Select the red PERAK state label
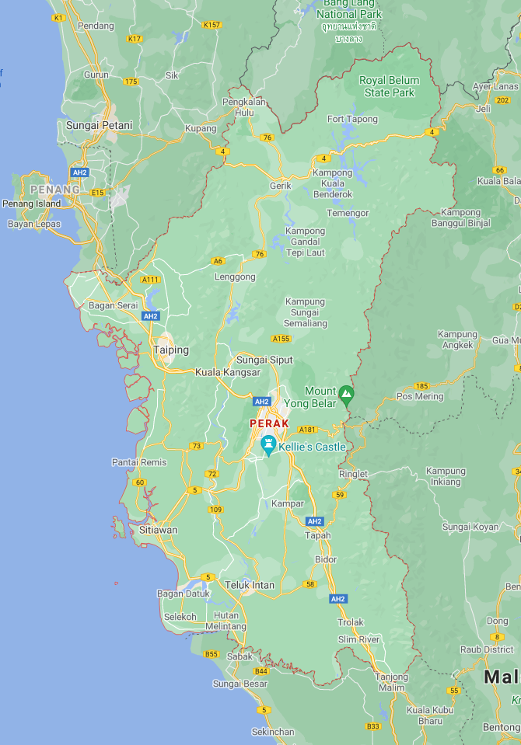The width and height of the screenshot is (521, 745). tap(269, 423)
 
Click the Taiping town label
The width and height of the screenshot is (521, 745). tap(171, 350)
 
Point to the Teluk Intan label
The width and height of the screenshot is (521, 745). tap(250, 585)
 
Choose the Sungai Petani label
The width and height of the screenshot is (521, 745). tap(99, 124)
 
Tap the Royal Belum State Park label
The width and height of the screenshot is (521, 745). tap(390, 86)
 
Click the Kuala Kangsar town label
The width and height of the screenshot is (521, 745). tap(228, 372)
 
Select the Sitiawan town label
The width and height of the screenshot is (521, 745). tap(159, 530)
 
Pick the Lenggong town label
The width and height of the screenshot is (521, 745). tap(235, 277)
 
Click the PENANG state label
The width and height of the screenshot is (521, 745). tap(55, 189)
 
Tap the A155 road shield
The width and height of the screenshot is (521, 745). tap(281, 339)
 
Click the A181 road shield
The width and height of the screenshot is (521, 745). tap(308, 429)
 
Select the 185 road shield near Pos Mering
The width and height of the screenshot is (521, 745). tap(421, 385)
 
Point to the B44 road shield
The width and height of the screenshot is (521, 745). tap(261, 670)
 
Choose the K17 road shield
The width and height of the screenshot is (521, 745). tap(135, 38)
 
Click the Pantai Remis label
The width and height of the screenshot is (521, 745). tap(139, 462)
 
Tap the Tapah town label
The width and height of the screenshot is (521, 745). tap(318, 535)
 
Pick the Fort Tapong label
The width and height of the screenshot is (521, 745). tap(352, 119)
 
